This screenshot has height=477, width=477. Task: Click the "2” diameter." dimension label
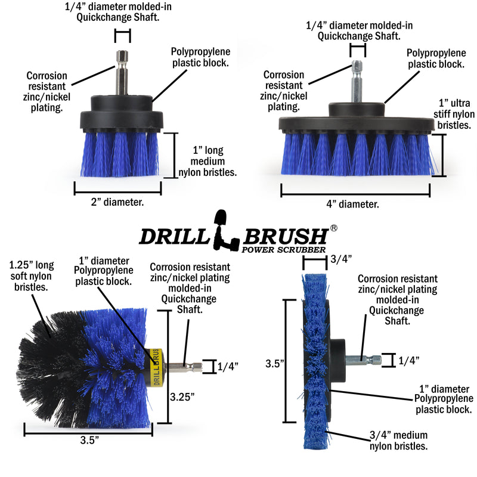[x=117, y=202]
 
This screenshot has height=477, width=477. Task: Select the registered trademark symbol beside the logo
[x=334, y=228]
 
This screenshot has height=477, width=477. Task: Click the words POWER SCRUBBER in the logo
[x=284, y=249]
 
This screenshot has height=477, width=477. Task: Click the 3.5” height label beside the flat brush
[x=275, y=362]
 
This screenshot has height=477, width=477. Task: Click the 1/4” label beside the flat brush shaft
[x=408, y=360]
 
